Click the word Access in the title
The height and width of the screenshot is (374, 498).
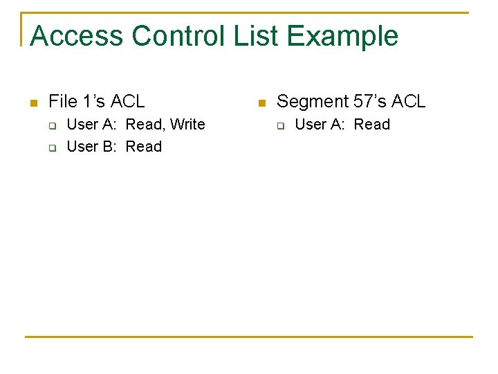(x=75, y=36)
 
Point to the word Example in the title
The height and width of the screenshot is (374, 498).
(x=344, y=36)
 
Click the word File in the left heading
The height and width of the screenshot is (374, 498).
(x=63, y=102)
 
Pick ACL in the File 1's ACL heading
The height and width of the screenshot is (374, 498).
(x=127, y=102)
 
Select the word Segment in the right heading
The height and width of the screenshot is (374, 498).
(x=312, y=102)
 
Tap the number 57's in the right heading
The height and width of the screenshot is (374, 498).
(x=370, y=102)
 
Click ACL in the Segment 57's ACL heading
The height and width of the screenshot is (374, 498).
(x=409, y=102)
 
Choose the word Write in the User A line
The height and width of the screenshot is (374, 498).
(x=187, y=125)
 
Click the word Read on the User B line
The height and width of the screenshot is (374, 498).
(x=144, y=147)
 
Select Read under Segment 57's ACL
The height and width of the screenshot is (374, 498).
(x=372, y=125)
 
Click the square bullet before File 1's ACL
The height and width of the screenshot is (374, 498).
(x=33, y=103)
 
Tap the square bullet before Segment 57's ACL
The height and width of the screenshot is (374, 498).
(x=261, y=103)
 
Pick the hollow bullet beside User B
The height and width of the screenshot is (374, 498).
(x=51, y=148)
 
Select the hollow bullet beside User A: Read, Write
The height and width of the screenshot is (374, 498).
(x=51, y=125)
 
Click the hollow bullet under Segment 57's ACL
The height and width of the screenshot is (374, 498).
(x=280, y=125)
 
